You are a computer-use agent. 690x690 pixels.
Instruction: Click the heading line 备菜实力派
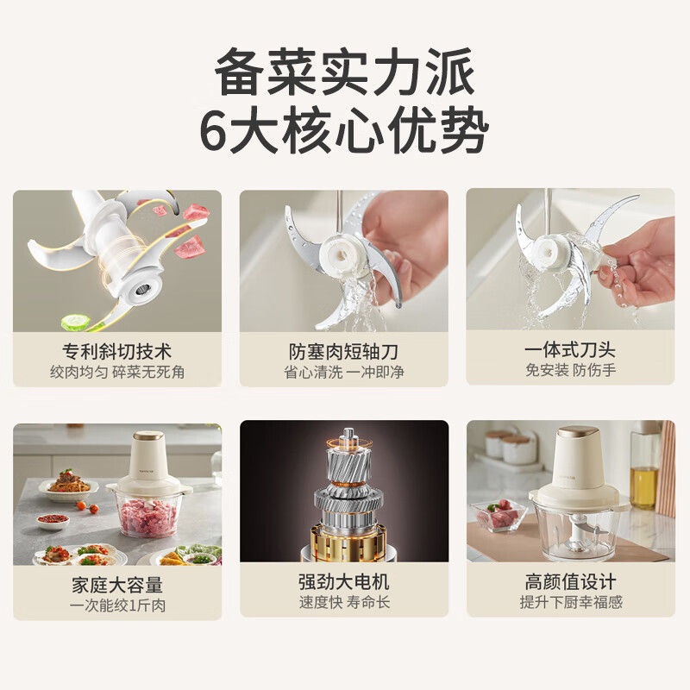[x=344, y=72]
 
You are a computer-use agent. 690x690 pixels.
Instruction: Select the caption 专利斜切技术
[x=117, y=352]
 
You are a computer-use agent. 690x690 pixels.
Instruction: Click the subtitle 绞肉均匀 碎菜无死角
[x=117, y=373]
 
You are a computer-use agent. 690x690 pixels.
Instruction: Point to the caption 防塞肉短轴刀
[x=343, y=352]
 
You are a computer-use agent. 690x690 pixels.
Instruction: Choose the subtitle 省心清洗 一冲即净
[x=343, y=373]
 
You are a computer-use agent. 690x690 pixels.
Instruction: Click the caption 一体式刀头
[x=570, y=350]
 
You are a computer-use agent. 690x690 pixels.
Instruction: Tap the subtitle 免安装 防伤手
[x=570, y=370]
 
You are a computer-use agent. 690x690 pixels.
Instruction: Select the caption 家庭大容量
[x=117, y=586]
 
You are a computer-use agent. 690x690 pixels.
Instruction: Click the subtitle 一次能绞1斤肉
[x=117, y=605]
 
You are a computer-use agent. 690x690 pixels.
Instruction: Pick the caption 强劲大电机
[x=343, y=581]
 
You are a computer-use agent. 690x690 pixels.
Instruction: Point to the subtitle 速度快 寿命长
[x=344, y=602]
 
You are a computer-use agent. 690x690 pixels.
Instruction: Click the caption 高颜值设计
[x=570, y=581]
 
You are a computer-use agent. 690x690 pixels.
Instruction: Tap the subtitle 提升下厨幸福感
[x=571, y=602]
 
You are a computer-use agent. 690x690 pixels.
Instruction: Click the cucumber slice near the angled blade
[x=76, y=322]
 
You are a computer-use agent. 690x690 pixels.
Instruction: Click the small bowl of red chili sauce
[x=53, y=521]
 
